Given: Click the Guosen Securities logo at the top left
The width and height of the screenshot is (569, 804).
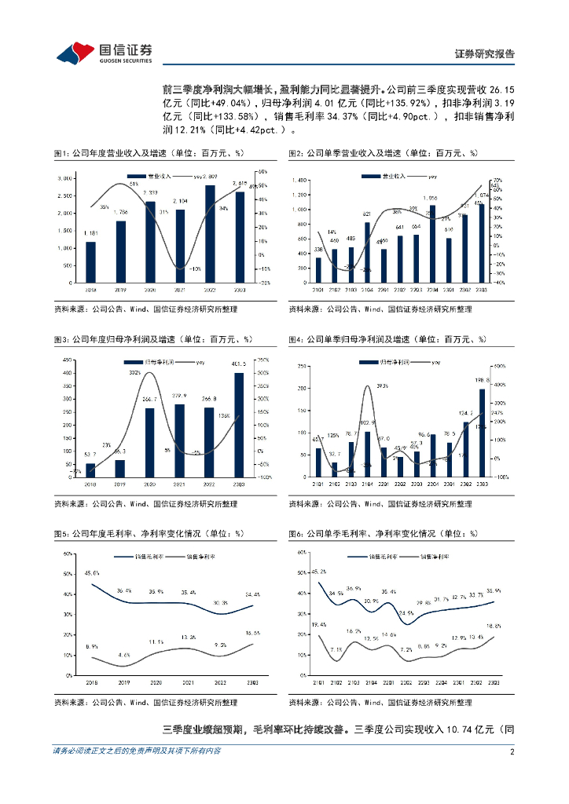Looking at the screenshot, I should point(104,53).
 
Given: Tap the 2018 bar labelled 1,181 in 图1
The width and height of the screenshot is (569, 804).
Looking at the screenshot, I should point(90,262).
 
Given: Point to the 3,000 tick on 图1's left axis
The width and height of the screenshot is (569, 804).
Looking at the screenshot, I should point(66,179).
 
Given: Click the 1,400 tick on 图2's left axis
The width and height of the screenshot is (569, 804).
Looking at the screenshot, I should point(299,180).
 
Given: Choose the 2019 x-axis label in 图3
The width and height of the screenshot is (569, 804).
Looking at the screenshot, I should point(120,484).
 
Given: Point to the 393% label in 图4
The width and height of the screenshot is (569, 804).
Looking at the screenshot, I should point(382,386).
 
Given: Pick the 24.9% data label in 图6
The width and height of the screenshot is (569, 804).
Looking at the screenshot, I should point(406,612).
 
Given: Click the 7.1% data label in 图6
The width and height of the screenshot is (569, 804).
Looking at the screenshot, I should point(336,649).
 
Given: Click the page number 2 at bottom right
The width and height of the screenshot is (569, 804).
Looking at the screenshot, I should point(512,751).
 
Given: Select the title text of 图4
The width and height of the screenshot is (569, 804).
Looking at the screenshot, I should point(387,339).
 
